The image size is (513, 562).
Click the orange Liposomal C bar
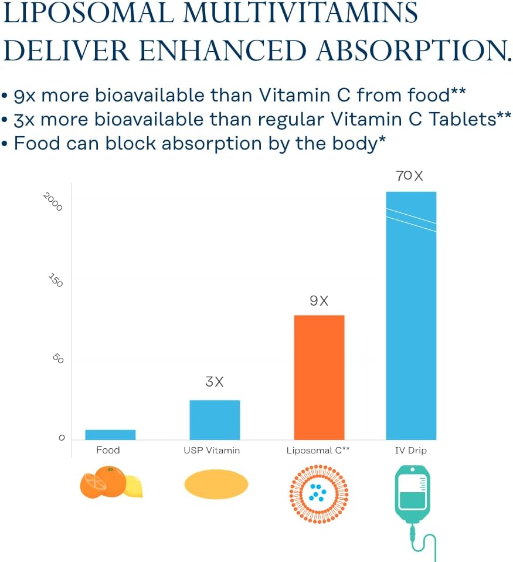pos(319,377)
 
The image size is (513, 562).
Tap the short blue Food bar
pos(110,435)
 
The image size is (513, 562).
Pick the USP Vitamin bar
pos(215,419)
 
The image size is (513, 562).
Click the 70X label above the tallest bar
pos(410,175)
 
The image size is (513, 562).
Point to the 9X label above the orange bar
pos(319,301)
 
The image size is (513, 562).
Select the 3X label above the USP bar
pos(215,382)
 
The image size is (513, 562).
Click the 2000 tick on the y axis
pos(53,202)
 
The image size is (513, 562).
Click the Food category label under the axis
pos(108,450)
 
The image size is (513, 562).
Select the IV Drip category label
pos(410,451)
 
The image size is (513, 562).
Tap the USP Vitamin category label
pos(212,451)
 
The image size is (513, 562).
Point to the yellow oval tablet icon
pos(216,484)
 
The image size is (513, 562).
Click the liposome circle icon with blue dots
pos(319,493)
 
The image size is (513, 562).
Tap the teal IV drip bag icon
pos(410,493)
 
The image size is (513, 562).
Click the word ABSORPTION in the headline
pos(413,50)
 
